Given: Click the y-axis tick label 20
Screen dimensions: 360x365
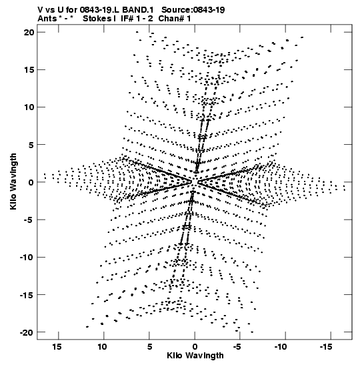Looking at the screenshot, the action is tap(29, 32).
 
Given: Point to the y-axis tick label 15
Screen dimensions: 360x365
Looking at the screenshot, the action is tap(29, 69).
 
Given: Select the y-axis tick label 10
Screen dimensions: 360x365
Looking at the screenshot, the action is tap(29, 107).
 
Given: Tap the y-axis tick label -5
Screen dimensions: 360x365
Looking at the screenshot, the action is tap(29, 220).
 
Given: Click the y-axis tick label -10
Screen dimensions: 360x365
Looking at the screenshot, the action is tap(27, 257).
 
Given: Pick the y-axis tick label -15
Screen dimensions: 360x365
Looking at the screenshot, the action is tap(27, 295).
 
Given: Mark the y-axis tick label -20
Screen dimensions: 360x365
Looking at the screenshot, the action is tap(27, 332).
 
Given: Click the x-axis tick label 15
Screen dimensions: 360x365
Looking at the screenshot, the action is tap(57, 347).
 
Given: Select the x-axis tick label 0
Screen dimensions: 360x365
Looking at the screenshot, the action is tap(195, 347).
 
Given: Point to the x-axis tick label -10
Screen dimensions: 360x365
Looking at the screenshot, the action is tap(281, 347).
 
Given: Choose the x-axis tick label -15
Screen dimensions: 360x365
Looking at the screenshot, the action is tap(326, 347).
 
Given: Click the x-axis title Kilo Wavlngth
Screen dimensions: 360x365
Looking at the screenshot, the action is tap(195, 356).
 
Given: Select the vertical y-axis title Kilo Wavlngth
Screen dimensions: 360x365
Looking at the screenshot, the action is tap(13, 181).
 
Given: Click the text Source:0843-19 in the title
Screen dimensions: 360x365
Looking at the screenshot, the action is tap(193, 10).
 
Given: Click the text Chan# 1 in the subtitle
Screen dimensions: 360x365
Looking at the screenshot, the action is tap(175, 19).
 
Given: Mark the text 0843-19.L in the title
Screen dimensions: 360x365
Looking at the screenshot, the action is tap(100, 10).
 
